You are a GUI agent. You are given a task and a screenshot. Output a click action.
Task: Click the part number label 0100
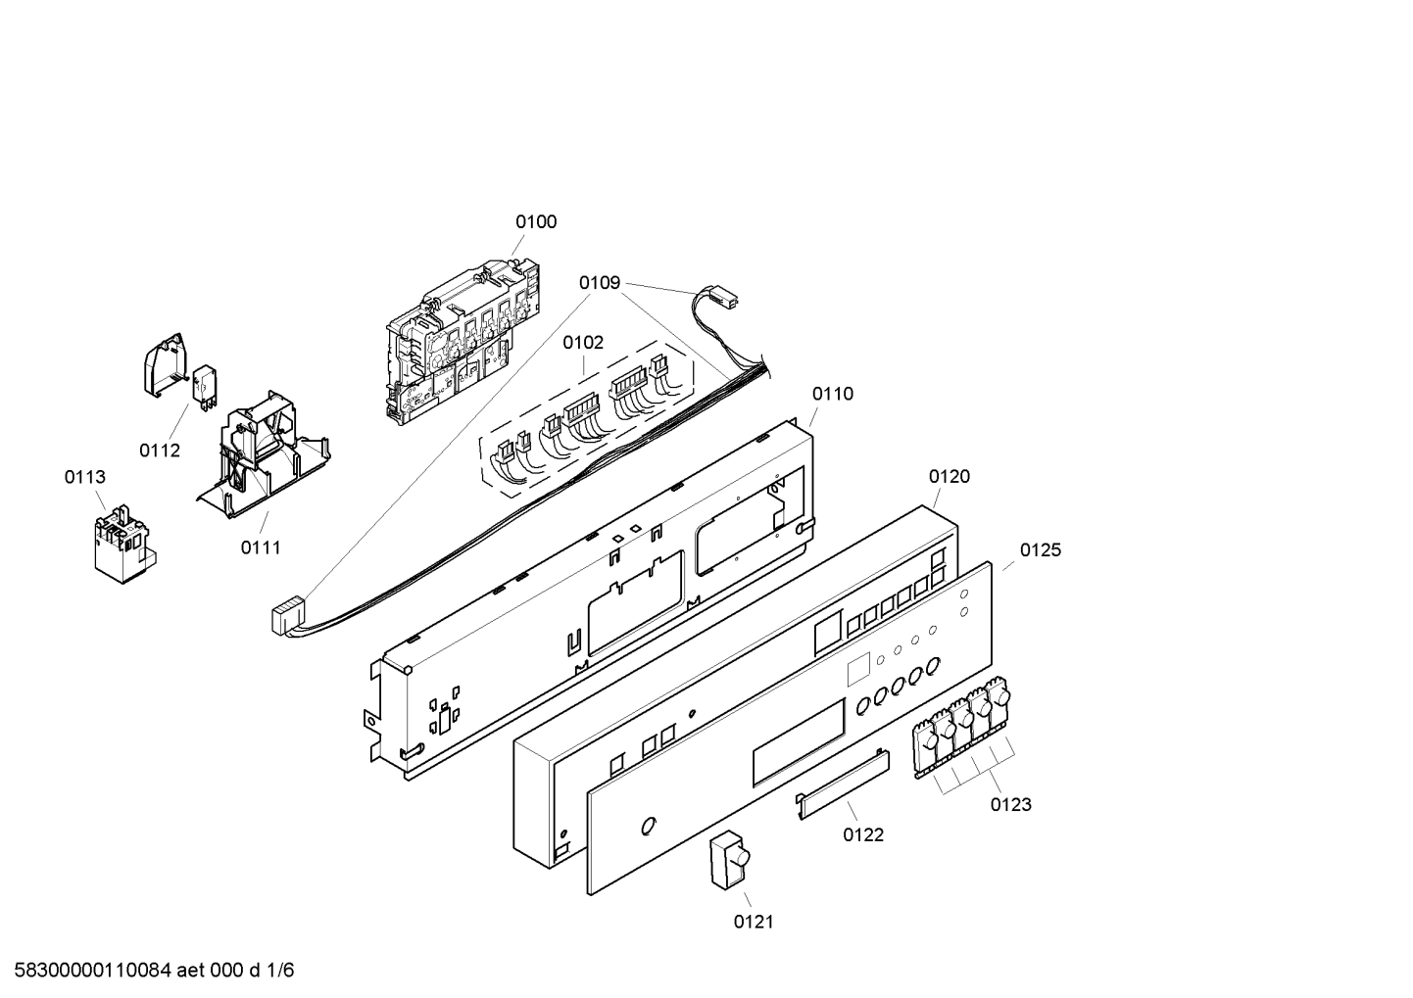pyautogui.click(x=536, y=222)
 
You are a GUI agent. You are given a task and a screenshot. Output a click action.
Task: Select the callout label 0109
pyautogui.click(x=600, y=283)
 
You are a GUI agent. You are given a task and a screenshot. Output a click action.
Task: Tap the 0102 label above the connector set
pyautogui.click(x=583, y=343)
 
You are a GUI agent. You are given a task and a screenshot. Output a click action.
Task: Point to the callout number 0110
pyautogui.click(x=833, y=394)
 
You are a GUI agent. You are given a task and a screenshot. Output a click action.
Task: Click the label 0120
pyautogui.click(x=950, y=477)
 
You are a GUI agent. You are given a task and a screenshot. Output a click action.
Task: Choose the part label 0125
pyautogui.click(x=1041, y=550)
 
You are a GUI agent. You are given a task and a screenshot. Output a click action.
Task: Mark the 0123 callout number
pyautogui.click(x=1010, y=804)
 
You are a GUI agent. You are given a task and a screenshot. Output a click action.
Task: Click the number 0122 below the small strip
pyautogui.click(x=863, y=834)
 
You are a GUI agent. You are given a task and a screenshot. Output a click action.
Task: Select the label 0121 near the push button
pyautogui.click(x=754, y=922)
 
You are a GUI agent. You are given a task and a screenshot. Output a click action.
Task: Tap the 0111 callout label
pyautogui.click(x=261, y=547)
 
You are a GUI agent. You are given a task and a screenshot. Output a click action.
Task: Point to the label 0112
pyautogui.click(x=160, y=451)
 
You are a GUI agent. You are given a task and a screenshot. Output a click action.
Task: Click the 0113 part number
pyautogui.click(x=84, y=477)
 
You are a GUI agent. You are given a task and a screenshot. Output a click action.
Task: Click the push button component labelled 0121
pyautogui.click(x=730, y=859)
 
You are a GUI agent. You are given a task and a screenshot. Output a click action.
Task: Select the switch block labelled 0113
pyautogui.click(x=125, y=543)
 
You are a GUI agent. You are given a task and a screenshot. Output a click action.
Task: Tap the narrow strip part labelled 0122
pyautogui.click(x=842, y=784)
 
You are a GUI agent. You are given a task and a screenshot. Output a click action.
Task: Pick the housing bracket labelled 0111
pyautogui.click(x=264, y=453)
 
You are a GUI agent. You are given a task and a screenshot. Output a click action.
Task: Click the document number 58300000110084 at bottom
pyautogui.click(x=93, y=971)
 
